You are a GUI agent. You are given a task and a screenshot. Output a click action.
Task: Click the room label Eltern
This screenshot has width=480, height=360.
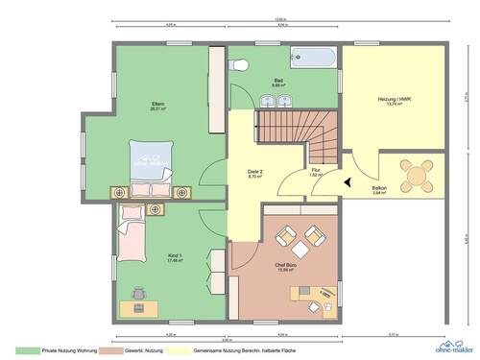[156, 104]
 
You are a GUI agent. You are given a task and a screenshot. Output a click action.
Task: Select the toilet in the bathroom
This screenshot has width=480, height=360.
[241, 63]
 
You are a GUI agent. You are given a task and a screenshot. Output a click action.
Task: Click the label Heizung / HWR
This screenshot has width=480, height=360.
[395, 100]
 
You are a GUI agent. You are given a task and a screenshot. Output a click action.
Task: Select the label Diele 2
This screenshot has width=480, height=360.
[255, 173]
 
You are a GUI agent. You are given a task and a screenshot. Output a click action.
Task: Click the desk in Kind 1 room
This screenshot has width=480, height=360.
[140, 307]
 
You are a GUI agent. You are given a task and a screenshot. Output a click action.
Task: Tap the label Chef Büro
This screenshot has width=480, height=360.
[284, 266]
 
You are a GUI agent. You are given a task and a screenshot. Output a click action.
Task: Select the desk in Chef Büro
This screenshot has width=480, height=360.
[317, 297]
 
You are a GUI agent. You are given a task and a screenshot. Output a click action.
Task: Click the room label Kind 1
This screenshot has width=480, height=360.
[148, 257]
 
